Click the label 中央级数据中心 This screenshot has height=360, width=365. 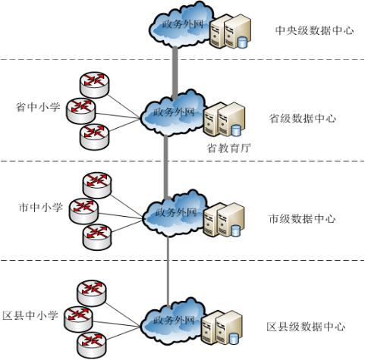314,30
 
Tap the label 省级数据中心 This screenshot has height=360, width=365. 303,118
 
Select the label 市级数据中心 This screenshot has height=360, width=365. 303,219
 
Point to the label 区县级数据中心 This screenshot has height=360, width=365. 306,327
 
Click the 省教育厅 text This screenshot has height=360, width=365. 229,148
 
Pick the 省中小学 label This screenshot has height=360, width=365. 38,107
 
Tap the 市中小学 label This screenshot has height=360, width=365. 40,208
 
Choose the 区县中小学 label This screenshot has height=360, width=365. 30,315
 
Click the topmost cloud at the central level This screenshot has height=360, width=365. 181,25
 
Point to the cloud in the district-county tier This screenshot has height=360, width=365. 173,321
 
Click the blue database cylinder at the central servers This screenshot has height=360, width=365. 242,42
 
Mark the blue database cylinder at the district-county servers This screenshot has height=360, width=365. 234,338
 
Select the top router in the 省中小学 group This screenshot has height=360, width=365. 95,85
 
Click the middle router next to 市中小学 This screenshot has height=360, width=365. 84,211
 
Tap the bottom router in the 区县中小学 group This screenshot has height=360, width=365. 92,345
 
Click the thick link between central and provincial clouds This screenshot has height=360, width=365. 175,73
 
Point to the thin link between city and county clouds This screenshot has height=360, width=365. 168,271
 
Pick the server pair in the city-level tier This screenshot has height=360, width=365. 224,220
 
